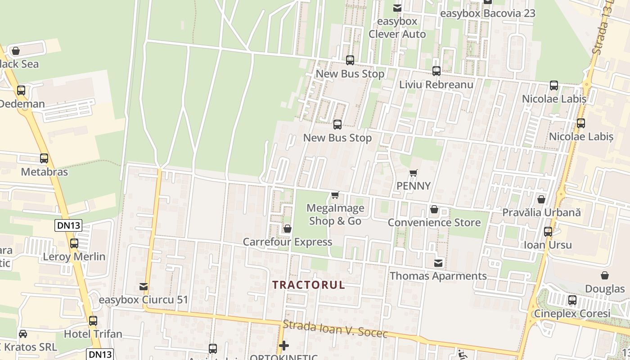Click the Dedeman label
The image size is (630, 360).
22,104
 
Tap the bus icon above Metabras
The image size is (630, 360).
44,158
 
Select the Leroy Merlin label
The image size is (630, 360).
74,257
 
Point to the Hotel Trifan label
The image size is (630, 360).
93,334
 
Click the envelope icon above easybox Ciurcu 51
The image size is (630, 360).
144,286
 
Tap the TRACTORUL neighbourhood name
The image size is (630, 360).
309,285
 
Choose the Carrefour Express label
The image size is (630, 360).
288,242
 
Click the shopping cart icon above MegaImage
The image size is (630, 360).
335,195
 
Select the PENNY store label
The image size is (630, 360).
414,186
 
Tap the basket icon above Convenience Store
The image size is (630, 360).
434,209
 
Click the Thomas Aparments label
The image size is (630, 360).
438,276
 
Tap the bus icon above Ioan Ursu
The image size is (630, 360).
548,232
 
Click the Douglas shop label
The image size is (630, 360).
605,289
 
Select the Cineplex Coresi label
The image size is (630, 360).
572,313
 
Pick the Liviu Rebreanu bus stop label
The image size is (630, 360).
436,85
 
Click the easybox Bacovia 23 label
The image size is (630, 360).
488,13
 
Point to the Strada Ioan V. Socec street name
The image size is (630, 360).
335,329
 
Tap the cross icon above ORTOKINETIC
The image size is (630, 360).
284,346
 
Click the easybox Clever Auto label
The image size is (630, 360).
397,27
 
